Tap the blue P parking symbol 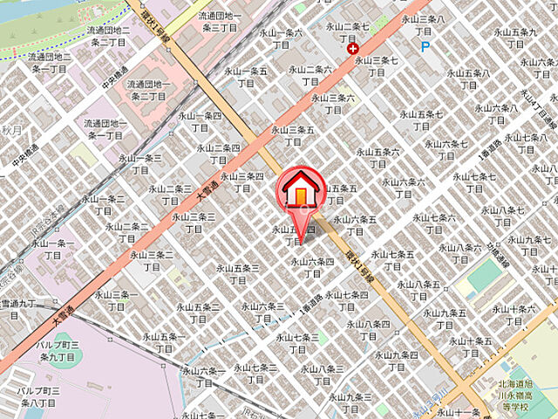click(x=425, y=47)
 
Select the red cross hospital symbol click(x=353, y=50)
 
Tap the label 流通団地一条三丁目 click(x=219, y=22)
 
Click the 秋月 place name click(x=10, y=130)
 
